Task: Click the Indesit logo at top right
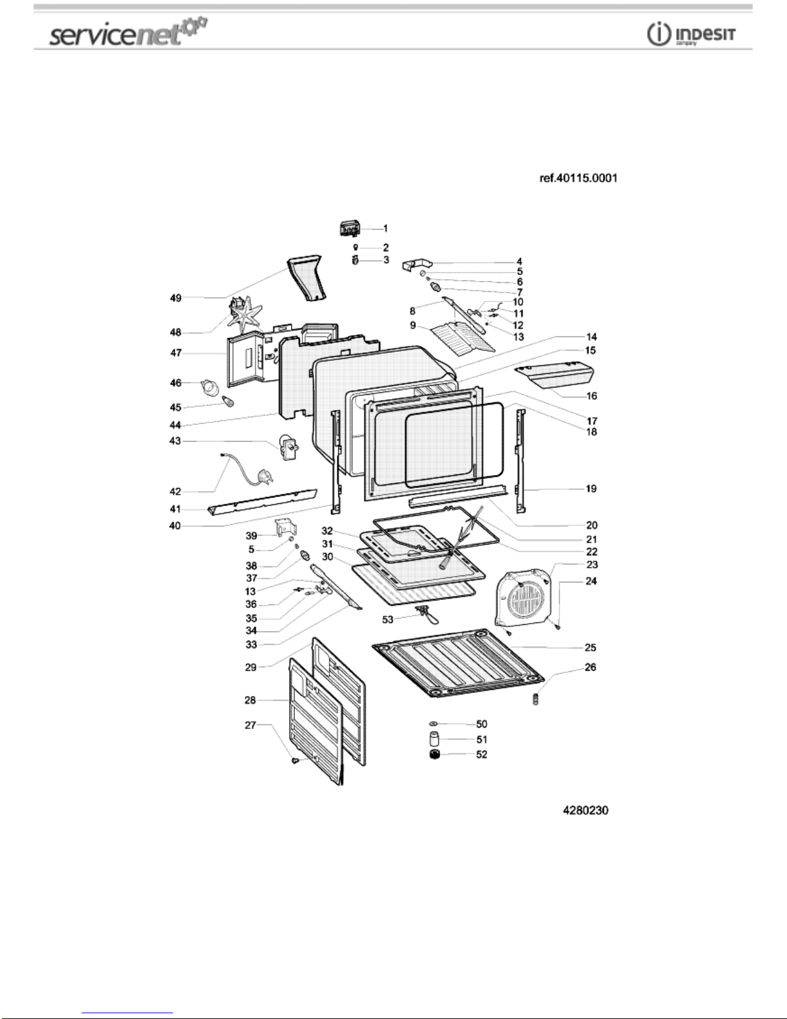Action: tap(691, 35)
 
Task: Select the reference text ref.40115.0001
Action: tap(578, 178)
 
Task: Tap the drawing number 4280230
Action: tap(585, 811)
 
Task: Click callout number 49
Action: tap(175, 298)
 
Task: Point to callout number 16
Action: tap(592, 395)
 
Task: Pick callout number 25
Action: tap(590, 647)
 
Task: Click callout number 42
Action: tap(175, 492)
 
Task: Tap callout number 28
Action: tap(250, 700)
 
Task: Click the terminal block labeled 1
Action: tap(350, 228)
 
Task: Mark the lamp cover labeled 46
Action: tap(210, 387)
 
